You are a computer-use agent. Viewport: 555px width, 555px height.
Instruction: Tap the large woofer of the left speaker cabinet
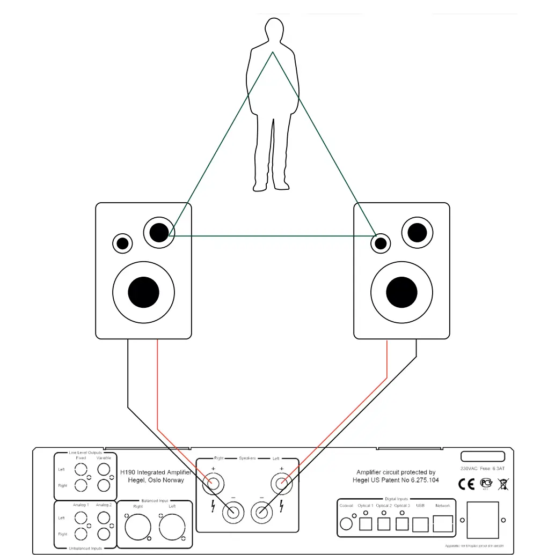[x=143, y=292]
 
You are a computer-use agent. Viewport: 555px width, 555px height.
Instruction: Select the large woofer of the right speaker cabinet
[x=401, y=292]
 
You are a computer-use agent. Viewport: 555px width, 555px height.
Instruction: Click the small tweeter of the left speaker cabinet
[x=122, y=243]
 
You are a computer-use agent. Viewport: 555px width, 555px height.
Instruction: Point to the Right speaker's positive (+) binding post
[x=213, y=485]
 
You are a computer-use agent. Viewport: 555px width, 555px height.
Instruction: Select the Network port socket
[x=443, y=522]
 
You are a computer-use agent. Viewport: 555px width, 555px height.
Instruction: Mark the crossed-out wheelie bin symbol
[x=503, y=485]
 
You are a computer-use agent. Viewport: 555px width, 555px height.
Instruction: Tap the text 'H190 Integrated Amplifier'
[x=156, y=472]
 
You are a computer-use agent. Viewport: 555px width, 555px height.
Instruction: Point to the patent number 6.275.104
[x=422, y=480]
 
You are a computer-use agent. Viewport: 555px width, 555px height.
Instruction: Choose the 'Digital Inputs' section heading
[x=396, y=499]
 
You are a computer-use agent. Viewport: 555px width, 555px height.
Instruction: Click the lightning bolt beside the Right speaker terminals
[x=214, y=506]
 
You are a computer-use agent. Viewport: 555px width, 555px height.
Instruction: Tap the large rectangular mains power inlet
[x=483, y=520]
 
